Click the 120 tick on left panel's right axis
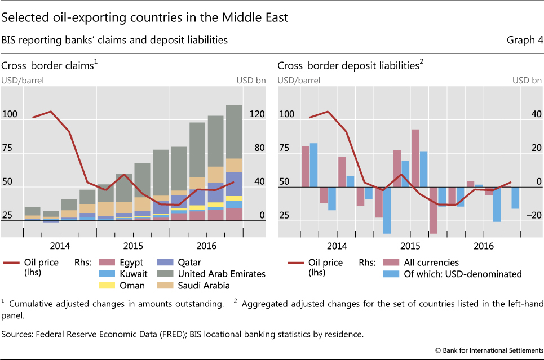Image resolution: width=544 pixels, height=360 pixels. [x=257, y=115]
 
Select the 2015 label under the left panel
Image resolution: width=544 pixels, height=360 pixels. [x=132, y=246]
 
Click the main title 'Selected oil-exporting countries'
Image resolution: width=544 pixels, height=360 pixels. [x=145, y=18]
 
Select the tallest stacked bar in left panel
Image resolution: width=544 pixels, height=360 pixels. [x=234, y=163]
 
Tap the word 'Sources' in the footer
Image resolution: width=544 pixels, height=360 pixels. [x=17, y=334]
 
